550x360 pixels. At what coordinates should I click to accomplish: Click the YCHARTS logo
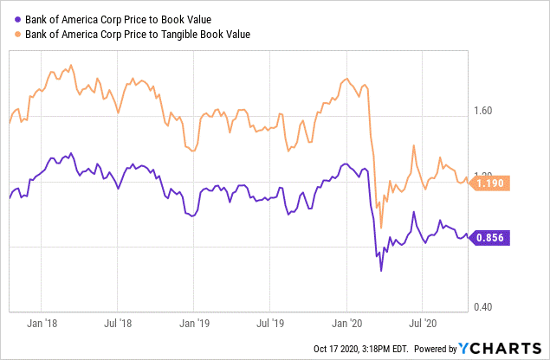(501, 348)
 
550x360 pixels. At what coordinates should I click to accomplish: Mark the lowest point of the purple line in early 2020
(381, 271)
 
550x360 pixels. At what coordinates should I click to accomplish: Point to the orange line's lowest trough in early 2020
(381, 228)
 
